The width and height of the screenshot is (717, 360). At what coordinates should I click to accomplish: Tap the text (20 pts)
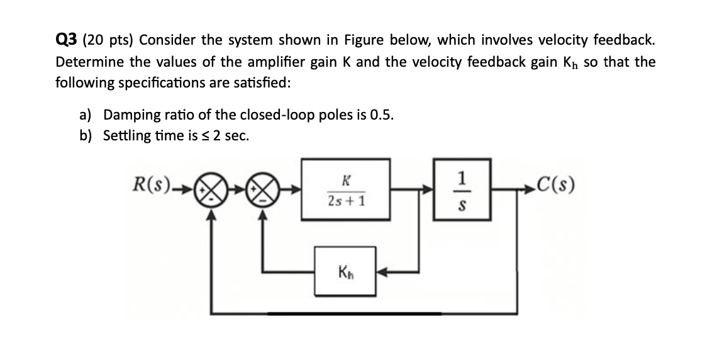109,41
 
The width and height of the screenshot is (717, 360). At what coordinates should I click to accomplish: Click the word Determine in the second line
86,62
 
